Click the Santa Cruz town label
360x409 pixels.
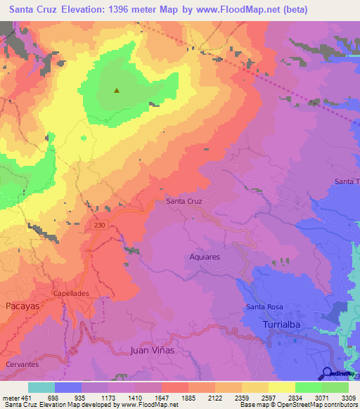pos(184,201)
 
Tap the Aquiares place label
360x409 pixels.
pos(205,257)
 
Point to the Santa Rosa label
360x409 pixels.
pos(263,307)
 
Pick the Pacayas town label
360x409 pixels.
pos(26,306)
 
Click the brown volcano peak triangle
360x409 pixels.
pos(117,90)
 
